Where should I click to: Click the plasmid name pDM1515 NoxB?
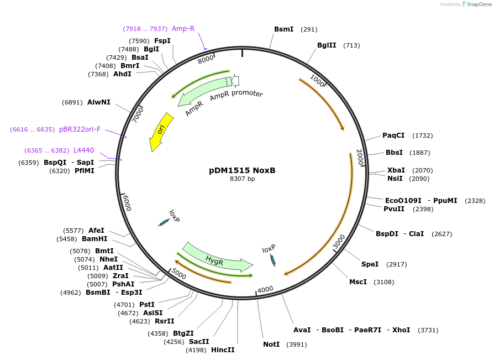click(242, 170)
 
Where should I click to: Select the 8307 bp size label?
click(242, 179)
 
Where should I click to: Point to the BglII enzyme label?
click(326, 45)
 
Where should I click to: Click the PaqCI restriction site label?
click(393, 135)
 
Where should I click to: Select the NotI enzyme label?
click(271, 345)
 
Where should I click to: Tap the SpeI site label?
click(370, 264)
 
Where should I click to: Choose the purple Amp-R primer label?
click(183, 29)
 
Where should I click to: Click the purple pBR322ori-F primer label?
click(80, 129)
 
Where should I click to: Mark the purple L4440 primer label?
click(83, 150)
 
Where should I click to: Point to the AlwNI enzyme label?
click(99, 102)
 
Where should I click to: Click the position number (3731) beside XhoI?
click(428, 330)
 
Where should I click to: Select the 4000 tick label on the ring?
click(266, 289)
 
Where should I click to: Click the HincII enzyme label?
click(223, 350)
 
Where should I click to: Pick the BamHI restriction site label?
click(94, 239)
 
